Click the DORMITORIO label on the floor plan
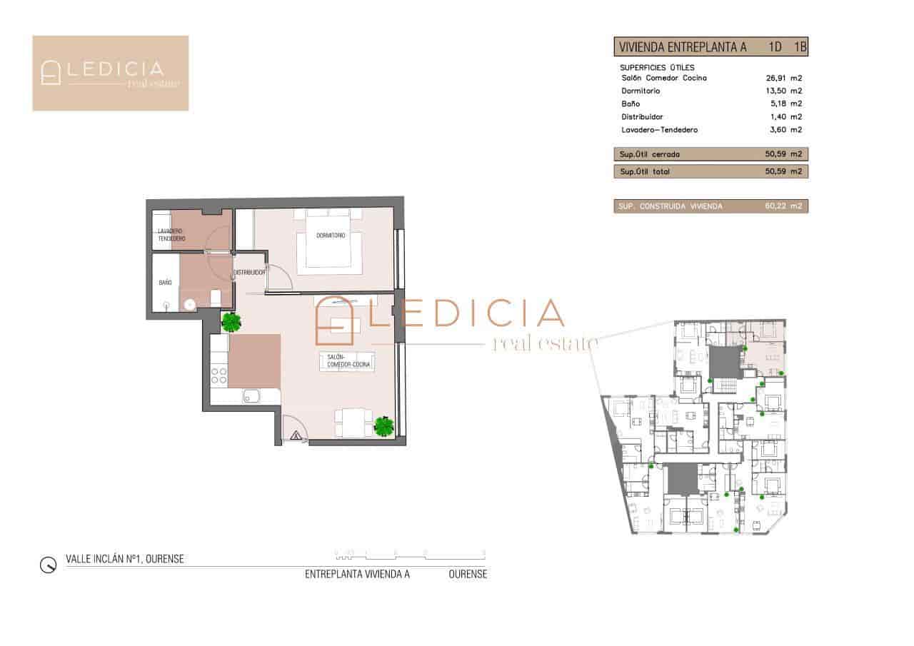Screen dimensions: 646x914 click(329, 236)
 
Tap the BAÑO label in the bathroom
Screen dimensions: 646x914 click(165, 283)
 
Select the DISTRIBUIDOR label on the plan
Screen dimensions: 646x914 click(250, 272)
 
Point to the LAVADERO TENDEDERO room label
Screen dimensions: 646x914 click(171, 235)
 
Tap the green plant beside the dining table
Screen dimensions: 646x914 click(384, 426)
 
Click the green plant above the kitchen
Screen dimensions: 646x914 click(231, 323)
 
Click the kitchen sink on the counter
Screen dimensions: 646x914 click(252, 396)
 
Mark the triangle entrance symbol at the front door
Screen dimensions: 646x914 click(296, 435)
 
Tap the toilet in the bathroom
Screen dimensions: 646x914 click(216, 298)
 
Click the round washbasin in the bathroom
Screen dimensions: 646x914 click(190, 305)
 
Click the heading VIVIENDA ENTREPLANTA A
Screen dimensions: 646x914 click(683, 48)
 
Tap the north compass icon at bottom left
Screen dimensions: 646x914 click(48, 565)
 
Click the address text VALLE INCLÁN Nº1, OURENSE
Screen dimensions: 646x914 click(124, 559)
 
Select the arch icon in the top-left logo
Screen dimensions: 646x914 click(51, 73)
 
